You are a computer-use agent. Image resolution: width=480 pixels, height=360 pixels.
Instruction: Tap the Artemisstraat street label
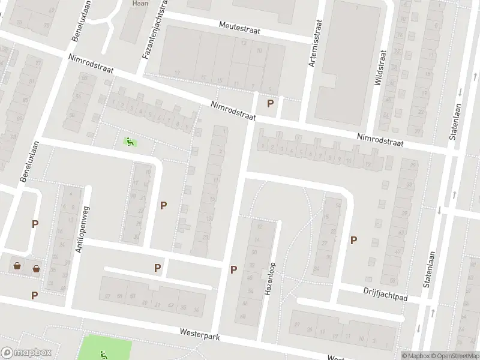(x=314, y=43)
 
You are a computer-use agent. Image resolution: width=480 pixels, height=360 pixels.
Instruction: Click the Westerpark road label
(x=199, y=334)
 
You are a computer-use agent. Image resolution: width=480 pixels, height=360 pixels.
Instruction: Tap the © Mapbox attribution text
(x=416, y=356)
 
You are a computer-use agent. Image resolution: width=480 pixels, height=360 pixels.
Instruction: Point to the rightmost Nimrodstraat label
(x=380, y=140)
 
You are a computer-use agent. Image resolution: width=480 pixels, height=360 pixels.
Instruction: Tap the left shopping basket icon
(x=17, y=265)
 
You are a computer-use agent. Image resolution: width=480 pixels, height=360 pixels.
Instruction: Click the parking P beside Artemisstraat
(x=271, y=103)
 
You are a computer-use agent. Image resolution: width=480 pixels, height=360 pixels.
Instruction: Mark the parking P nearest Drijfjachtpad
(x=353, y=240)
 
